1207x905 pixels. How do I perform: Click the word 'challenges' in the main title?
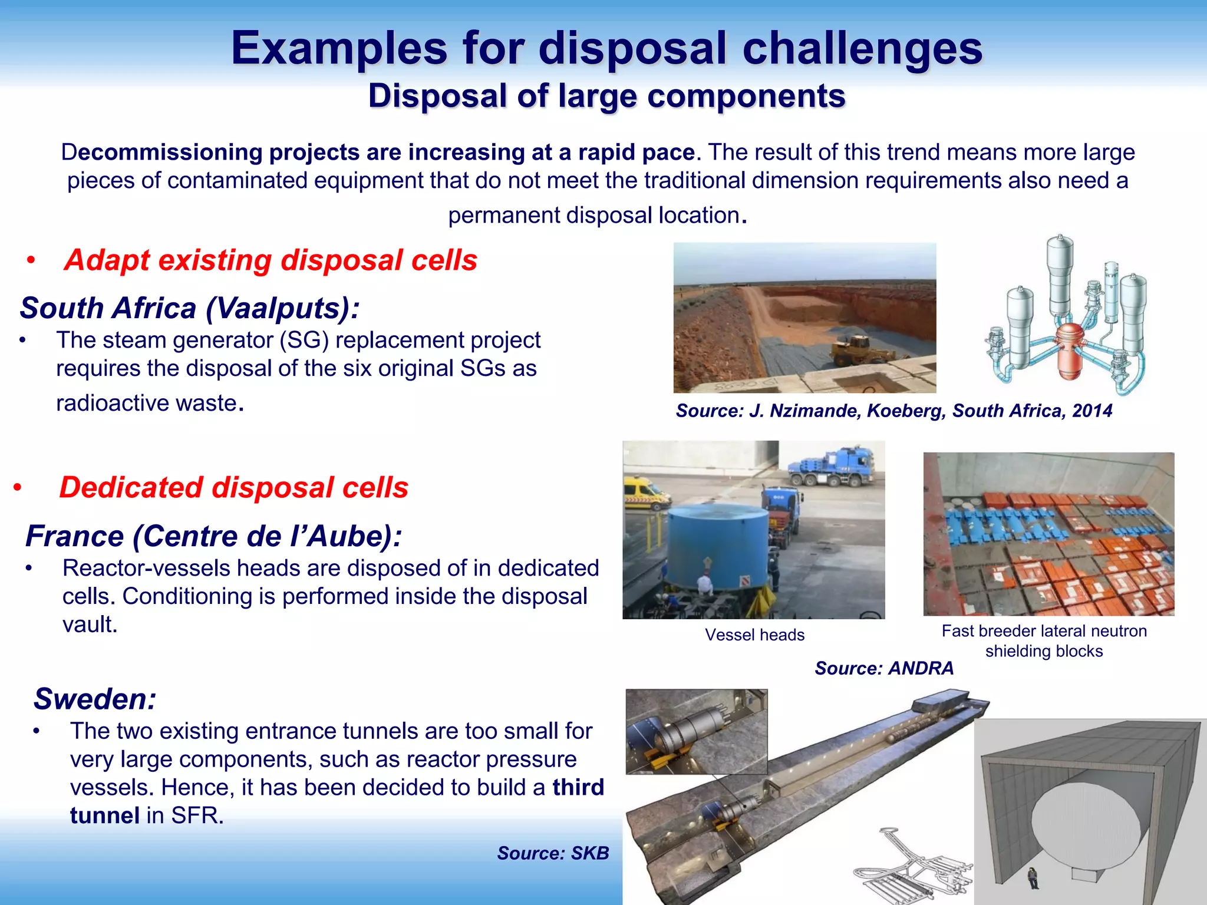[x=862, y=48]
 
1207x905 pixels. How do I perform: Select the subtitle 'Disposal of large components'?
[x=606, y=95]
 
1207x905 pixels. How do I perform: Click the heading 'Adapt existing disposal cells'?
[x=271, y=260]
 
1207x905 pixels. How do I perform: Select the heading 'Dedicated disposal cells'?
[x=233, y=487]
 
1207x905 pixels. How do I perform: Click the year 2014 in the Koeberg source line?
[x=1091, y=411]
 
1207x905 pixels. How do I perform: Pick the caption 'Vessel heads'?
[x=754, y=635]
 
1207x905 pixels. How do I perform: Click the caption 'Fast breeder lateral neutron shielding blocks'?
[x=1044, y=640]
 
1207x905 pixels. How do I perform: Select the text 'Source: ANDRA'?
[x=883, y=668]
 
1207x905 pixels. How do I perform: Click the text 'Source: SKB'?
[x=552, y=853]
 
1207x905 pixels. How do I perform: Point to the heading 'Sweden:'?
[x=95, y=699]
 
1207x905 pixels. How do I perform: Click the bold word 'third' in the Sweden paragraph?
[x=578, y=787]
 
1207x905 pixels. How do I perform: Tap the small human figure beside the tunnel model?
[x=1032, y=877]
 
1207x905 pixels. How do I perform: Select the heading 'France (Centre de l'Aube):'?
[x=213, y=536]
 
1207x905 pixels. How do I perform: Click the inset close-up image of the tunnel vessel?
[x=696, y=731]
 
